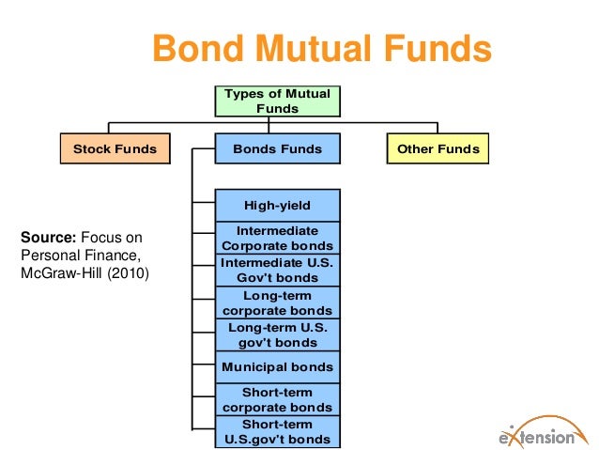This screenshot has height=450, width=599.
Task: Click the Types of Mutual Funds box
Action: click(277, 101)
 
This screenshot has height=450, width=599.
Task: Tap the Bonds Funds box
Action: click(277, 148)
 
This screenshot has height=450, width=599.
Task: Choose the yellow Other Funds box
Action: click(438, 148)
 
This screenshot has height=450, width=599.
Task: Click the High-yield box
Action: click(277, 206)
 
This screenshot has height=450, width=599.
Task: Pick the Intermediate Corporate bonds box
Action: click(277, 238)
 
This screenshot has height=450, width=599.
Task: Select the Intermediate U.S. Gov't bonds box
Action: click(277, 270)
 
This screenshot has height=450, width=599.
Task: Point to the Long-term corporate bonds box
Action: click(277, 303)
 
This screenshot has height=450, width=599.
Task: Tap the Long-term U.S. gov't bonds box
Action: click(277, 334)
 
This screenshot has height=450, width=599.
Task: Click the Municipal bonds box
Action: click(277, 366)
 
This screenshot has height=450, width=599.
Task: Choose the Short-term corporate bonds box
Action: click(277, 399)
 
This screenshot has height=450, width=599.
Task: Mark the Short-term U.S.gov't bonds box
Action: click(277, 431)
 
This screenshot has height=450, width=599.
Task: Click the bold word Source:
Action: click(49, 237)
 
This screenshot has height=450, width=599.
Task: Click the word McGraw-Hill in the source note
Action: click(57, 273)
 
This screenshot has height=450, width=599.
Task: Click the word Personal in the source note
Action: click(50, 256)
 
